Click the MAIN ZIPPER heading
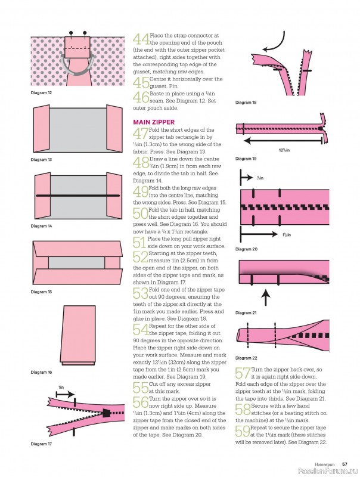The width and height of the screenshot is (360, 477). (154, 122)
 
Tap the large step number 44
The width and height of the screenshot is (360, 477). (141, 39)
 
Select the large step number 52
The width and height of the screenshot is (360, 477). (141, 257)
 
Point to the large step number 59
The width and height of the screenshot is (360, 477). (243, 431)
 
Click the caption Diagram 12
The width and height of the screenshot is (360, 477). (41, 93)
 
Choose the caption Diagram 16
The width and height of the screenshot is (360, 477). (41, 372)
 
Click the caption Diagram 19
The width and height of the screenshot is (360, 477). (246, 159)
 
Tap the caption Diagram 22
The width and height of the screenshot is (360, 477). (246, 358)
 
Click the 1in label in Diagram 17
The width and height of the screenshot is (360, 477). (61, 387)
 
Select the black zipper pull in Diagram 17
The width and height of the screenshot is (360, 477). (106, 413)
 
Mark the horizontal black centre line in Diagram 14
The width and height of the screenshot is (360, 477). (77, 196)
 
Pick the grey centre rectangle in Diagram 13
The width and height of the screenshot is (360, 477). (77, 129)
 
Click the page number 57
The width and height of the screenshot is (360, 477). (345, 464)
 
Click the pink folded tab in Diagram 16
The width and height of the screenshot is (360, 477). (78, 334)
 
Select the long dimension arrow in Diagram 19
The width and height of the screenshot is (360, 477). (283, 141)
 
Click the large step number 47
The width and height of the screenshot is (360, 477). (141, 133)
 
